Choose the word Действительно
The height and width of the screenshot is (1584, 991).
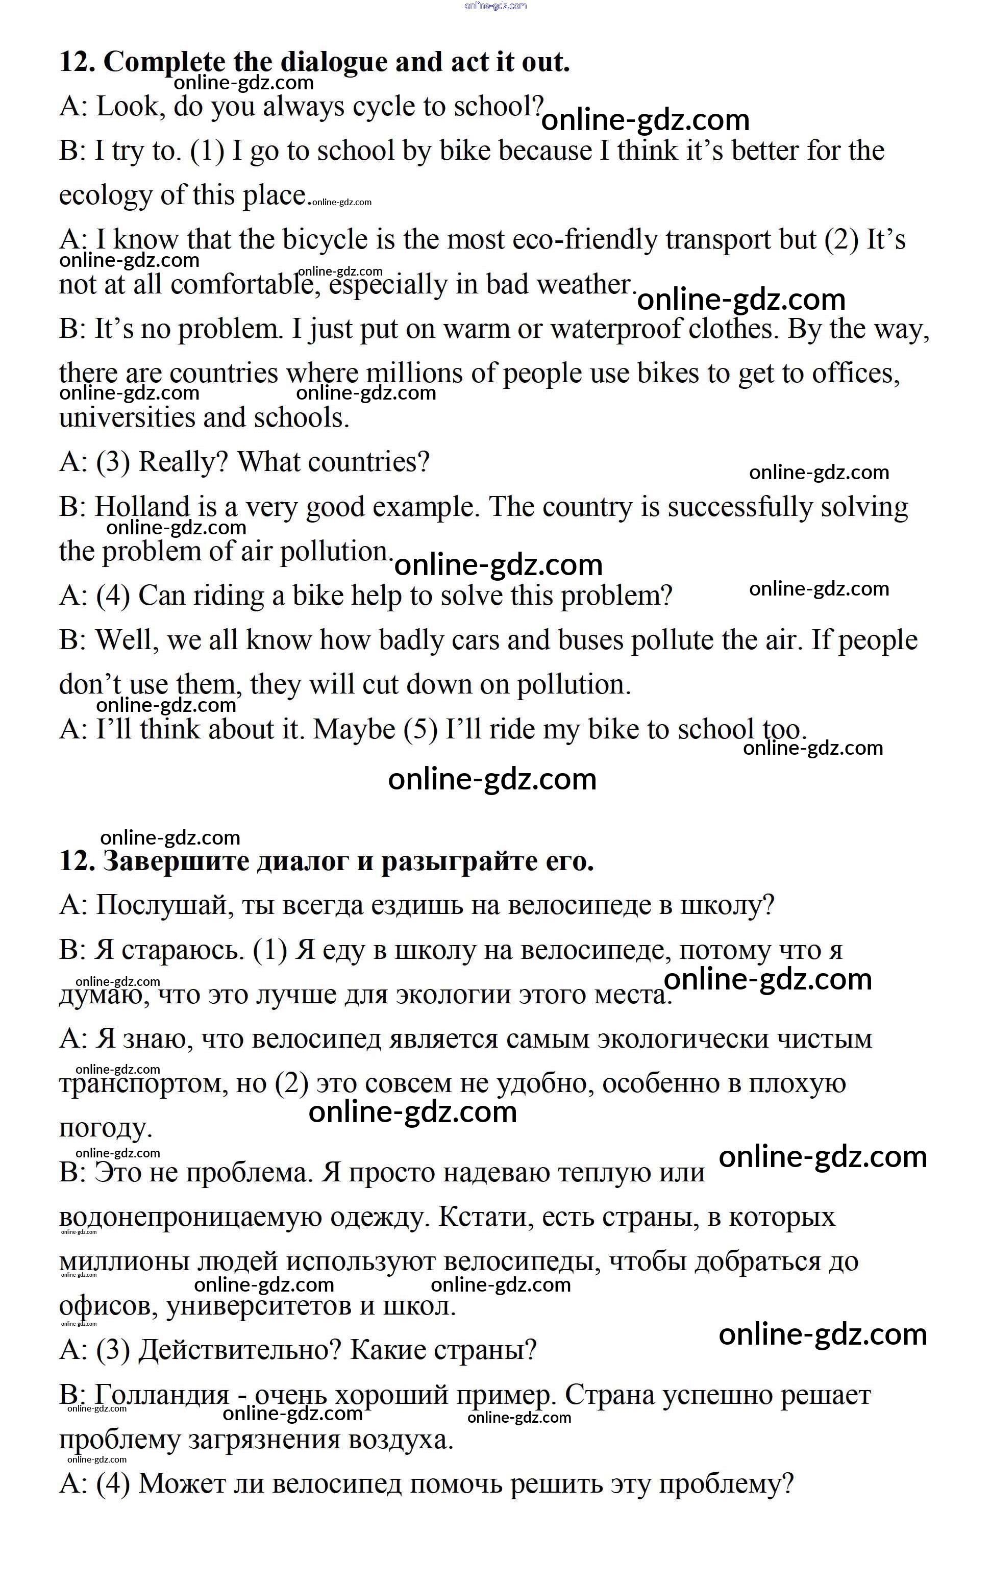(240, 1350)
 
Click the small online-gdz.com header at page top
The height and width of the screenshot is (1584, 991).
(495, 6)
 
